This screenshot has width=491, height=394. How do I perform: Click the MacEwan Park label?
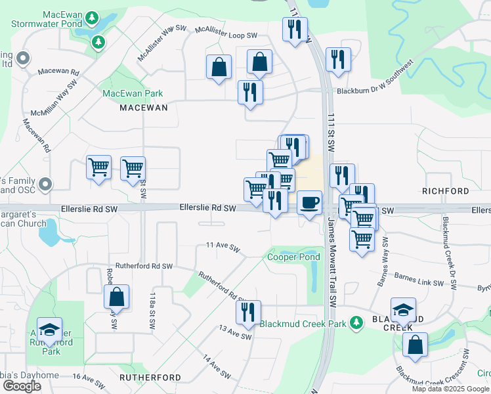(x=133, y=94)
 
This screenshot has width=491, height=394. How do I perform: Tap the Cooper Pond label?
(x=293, y=257)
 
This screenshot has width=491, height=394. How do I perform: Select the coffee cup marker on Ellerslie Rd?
(x=309, y=202)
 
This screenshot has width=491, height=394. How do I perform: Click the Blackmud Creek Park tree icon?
(x=356, y=323)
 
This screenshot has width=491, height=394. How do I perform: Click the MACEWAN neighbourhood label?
(x=143, y=107)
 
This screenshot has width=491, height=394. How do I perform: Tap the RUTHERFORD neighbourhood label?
(x=150, y=378)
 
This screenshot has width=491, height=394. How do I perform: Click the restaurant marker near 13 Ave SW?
(x=248, y=313)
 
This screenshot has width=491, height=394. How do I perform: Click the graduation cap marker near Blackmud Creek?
(x=403, y=309)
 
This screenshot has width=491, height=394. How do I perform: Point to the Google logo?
(x=22, y=386)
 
